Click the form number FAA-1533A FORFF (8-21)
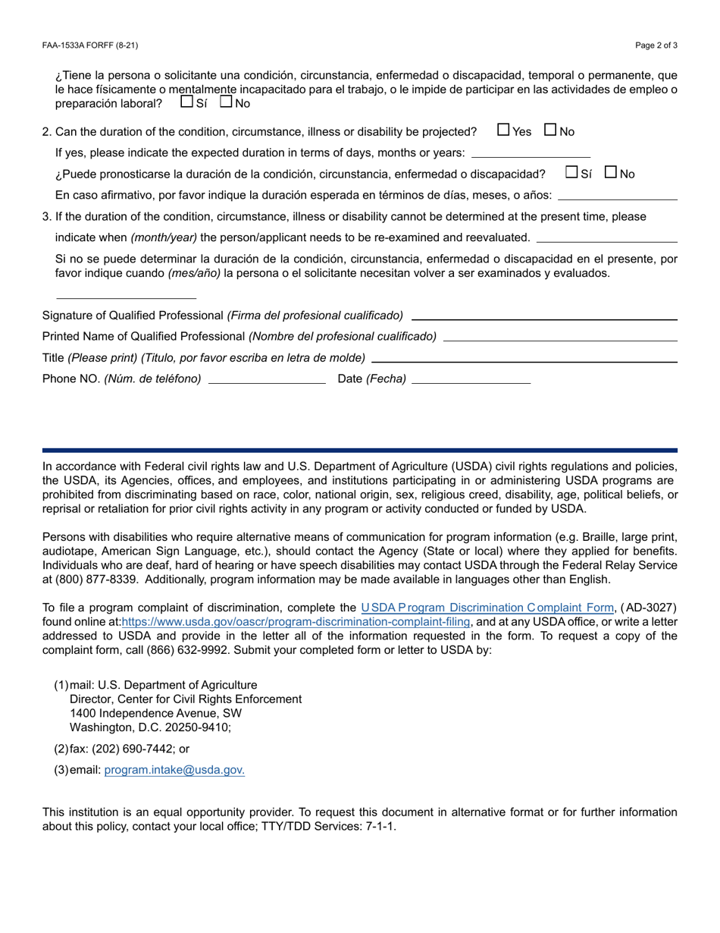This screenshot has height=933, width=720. pyautogui.click(x=90, y=46)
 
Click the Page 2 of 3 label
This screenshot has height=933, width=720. pyautogui.click(x=656, y=46)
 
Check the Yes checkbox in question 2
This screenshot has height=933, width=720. pyautogui.click(x=503, y=130)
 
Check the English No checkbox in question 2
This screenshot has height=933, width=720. pyautogui.click(x=551, y=130)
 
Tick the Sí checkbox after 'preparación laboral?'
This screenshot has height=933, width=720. pyautogui.click(x=186, y=102)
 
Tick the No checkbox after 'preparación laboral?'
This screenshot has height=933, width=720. pyautogui.click(x=226, y=102)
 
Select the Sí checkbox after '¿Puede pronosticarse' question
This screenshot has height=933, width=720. pyautogui.click(x=572, y=172)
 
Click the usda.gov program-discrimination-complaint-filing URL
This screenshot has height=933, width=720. pyautogui.click(x=296, y=622)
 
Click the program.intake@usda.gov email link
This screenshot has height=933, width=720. pyautogui.click(x=174, y=770)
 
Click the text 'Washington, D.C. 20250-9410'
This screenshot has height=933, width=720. pyautogui.click(x=150, y=727)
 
